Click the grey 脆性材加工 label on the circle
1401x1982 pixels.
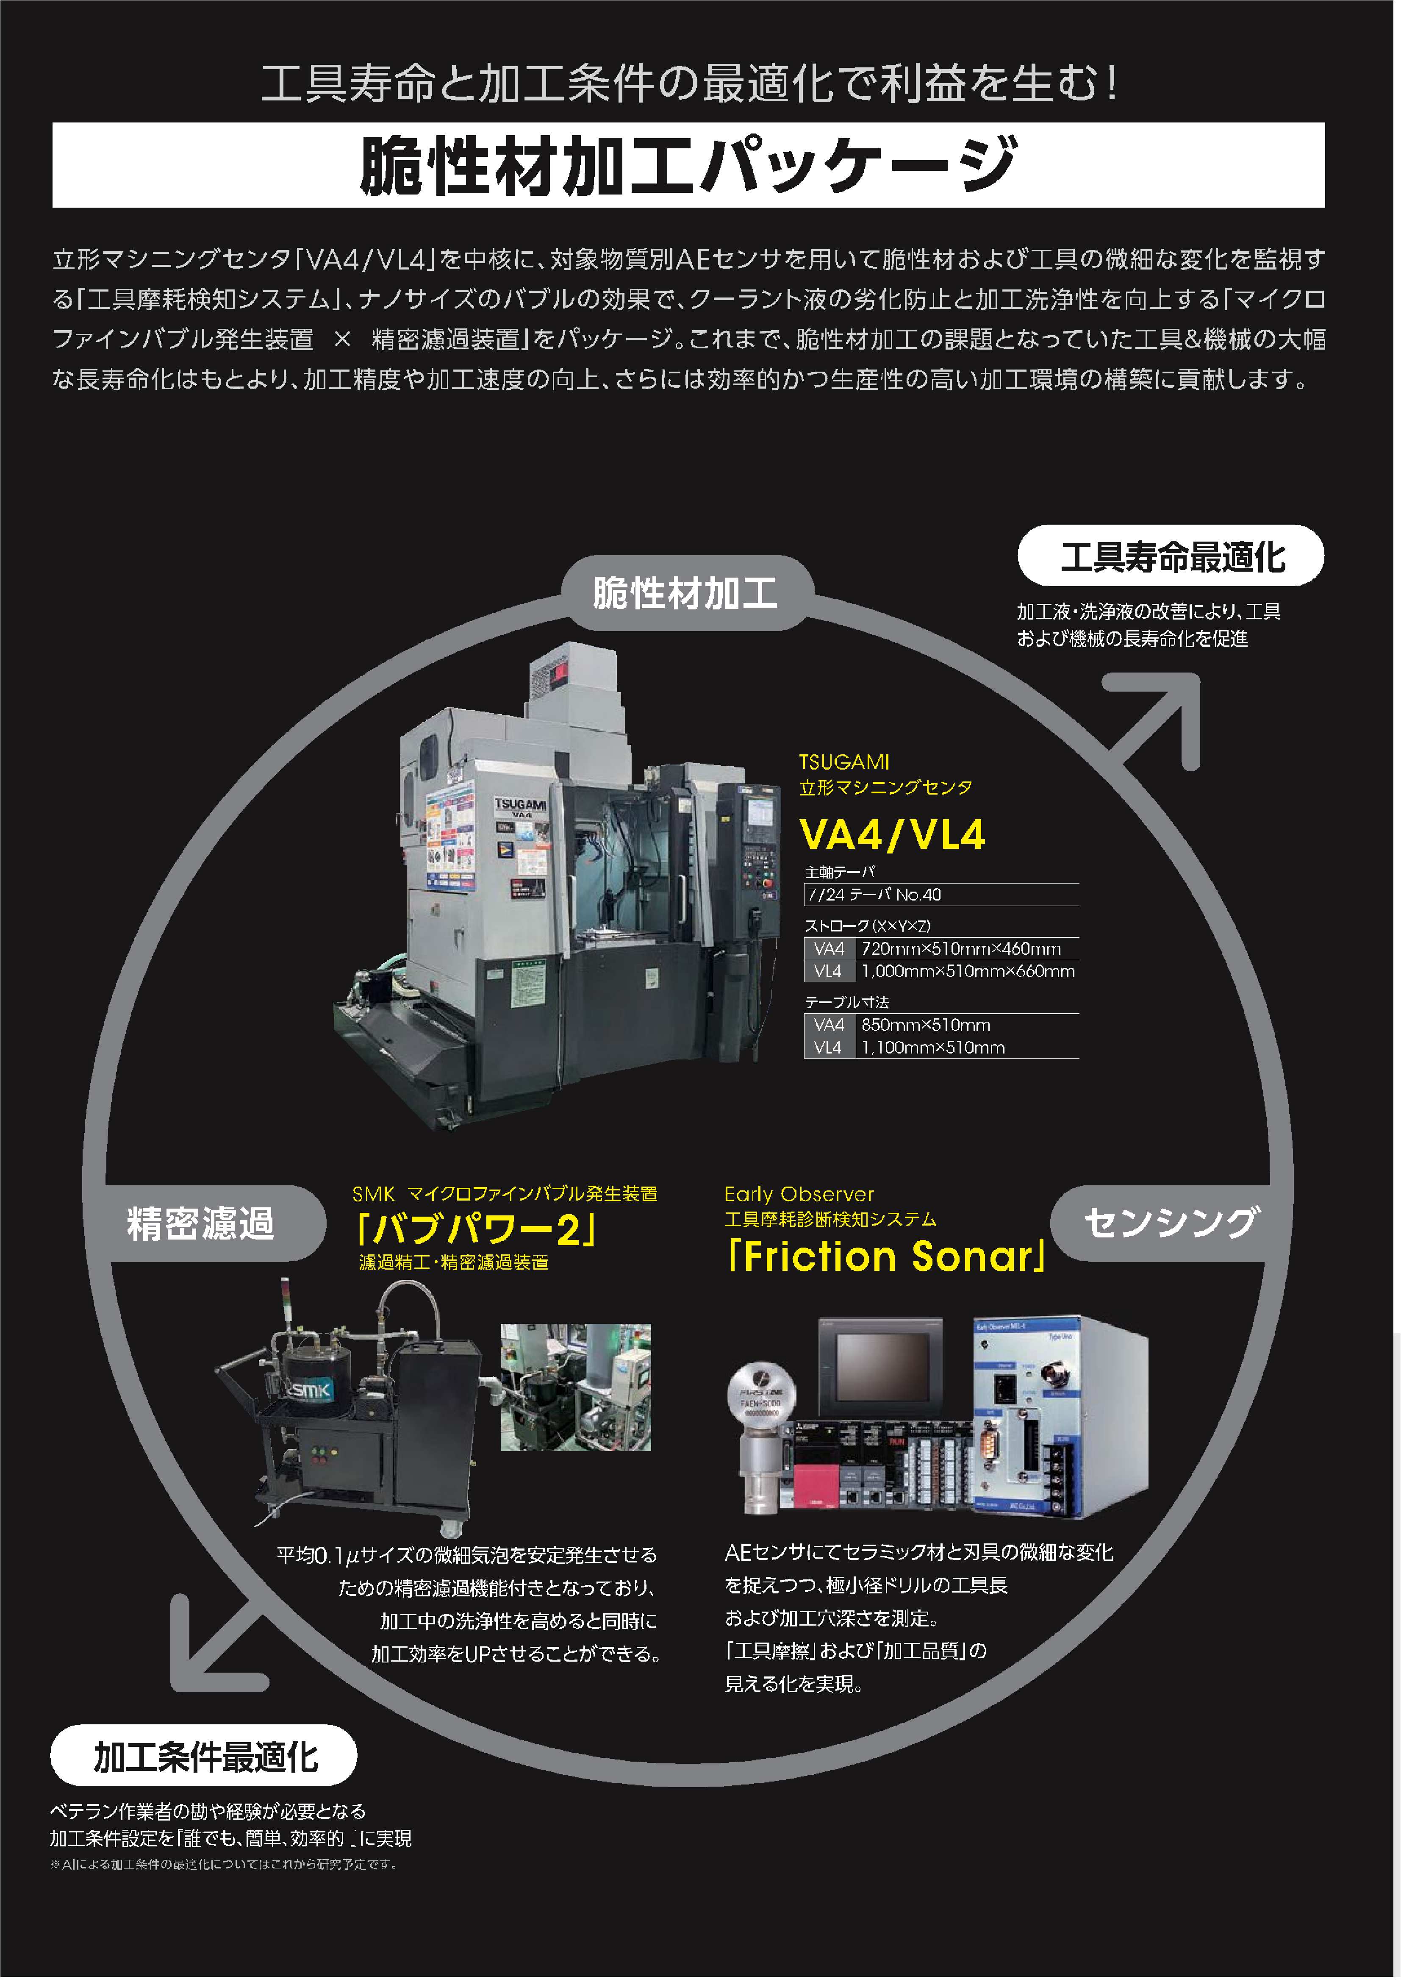coord(686,593)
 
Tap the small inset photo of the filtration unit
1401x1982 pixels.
coord(576,1386)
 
